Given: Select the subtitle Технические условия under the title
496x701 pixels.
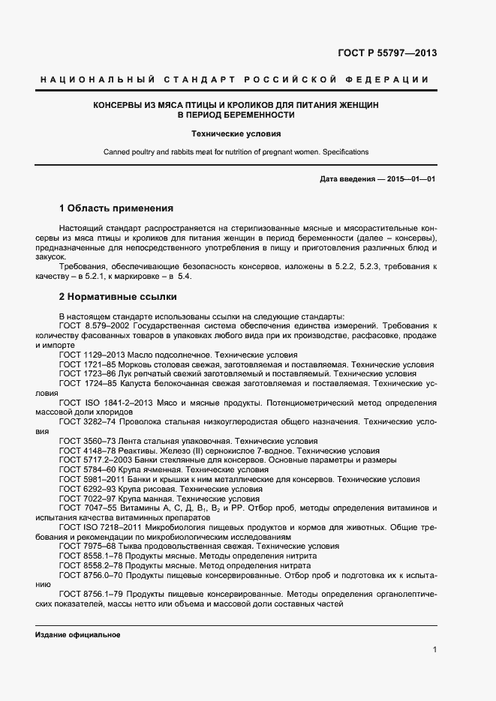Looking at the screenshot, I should click(x=236, y=134).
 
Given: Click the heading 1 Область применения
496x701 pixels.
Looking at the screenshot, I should click(x=116, y=208).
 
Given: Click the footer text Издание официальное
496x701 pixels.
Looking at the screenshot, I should click(x=78, y=635).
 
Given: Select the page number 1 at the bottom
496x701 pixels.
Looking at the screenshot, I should click(x=434, y=649).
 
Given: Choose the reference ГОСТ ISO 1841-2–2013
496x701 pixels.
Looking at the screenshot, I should click(x=104, y=403).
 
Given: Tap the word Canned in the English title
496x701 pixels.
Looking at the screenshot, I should click(x=116, y=152).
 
